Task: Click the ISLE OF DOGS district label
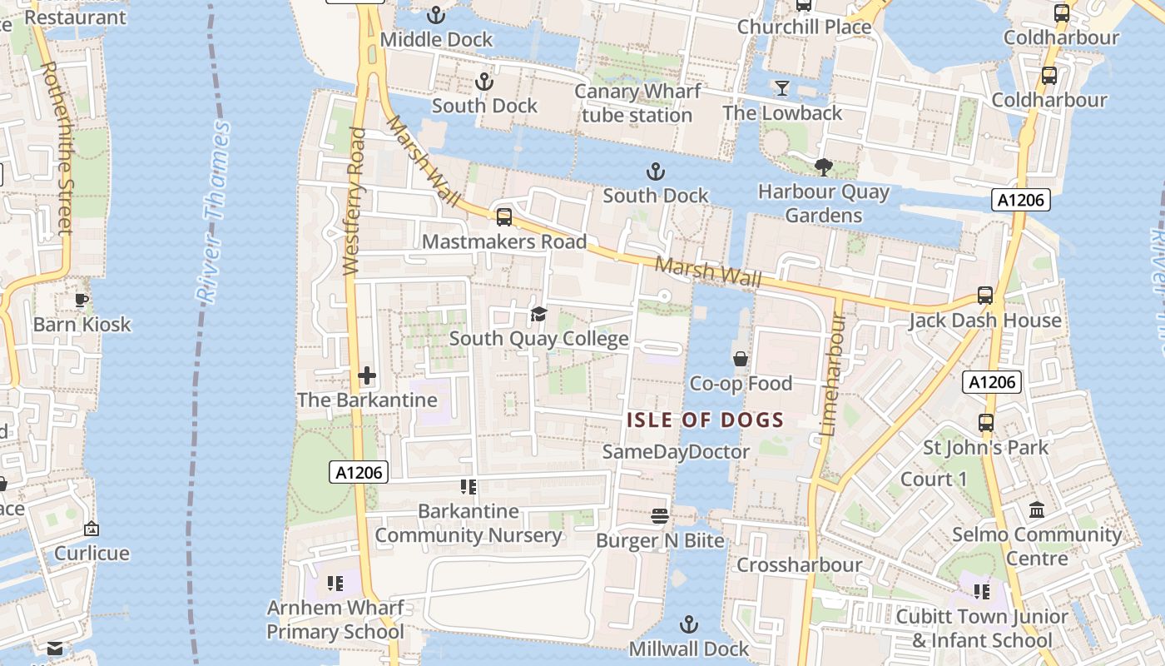[705, 420]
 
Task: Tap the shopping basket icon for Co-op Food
[741, 359]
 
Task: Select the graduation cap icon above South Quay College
[538, 314]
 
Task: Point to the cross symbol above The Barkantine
[367, 375]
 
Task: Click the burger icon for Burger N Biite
[660, 516]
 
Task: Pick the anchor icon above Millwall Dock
[688, 624]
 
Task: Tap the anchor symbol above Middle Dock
[436, 15]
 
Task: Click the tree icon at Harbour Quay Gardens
[824, 167]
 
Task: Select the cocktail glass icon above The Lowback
[782, 87]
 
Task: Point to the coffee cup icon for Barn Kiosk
[82, 300]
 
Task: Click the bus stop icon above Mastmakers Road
[504, 217]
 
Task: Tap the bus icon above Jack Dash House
[985, 296]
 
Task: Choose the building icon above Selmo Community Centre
[1037, 509]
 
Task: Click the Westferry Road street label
[354, 201]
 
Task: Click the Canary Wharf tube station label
[637, 103]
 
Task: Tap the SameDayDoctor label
[676, 451]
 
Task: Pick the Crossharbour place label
[800, 564]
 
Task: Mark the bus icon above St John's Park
[986, 422]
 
